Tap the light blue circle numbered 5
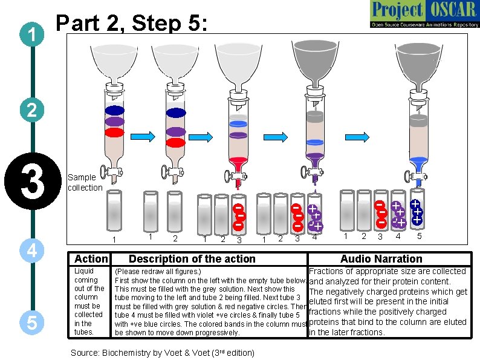pos(31,322)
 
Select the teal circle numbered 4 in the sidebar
pos(31,250)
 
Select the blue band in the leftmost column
pos(114,111)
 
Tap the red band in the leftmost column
pos(114,132)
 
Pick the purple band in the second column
pos(176,131)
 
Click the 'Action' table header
pos(90,259)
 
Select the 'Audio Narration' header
pos(381,259)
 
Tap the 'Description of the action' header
pos(192,259)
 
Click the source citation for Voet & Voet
pos(163,352)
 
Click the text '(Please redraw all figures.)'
pos(158,272)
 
